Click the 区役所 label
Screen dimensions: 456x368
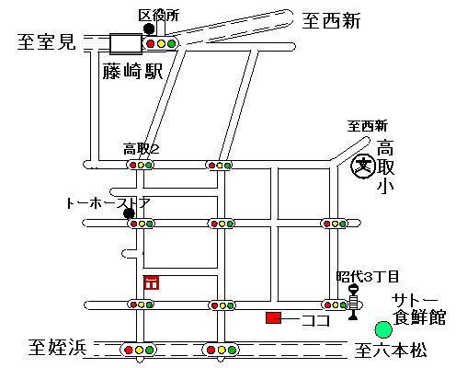coord(158,16)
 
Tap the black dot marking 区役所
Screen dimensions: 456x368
coord(149,29)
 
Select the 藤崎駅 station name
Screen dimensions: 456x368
coord(132,71)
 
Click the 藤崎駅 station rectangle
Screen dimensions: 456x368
coord(126,44)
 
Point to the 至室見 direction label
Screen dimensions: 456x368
coord(46,41)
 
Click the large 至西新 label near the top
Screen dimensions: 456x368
coord(331,21)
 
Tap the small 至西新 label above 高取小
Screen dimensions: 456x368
coord(367,126)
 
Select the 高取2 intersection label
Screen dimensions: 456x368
coord(142,149)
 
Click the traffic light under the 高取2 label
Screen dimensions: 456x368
coord(141,165)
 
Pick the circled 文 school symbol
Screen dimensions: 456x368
coord(363,167)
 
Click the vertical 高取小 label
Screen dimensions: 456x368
coord(385,166)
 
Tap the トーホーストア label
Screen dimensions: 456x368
coord(108,203)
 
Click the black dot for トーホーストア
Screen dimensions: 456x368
coord(129,213)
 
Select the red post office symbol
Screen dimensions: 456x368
coord(151,282)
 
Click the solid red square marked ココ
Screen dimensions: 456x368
coord(273,317)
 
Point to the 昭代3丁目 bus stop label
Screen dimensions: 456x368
coord(368,276)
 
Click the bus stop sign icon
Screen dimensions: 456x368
coord(354,303)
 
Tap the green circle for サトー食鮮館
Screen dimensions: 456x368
coord(383,329)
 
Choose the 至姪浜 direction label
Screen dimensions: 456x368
coord(58,347)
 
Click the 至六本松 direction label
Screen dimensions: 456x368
coord(391,350)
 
